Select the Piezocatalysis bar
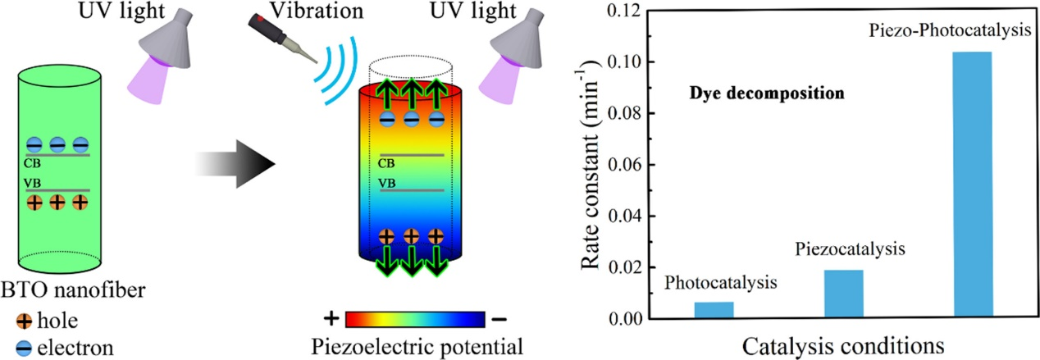coord(843,294)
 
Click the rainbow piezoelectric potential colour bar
coord(417,319)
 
